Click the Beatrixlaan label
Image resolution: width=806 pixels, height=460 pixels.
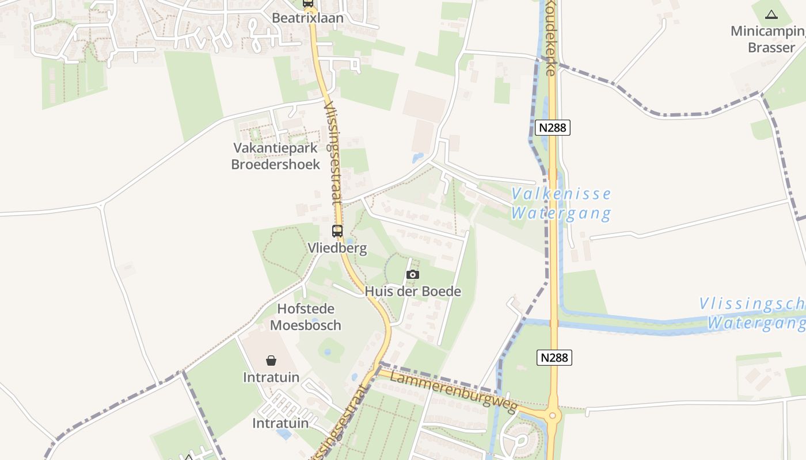[x=307, y=18]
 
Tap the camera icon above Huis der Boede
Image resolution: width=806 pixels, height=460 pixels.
[x=413, y=275]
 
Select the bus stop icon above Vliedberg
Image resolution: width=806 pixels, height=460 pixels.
[x=337, y=231]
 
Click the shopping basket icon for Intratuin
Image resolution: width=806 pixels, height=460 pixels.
[x=271, y=361]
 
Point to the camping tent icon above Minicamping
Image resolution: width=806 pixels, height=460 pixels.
[x=771, y=14]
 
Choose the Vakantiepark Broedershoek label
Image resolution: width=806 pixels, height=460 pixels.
[x=275, y=156]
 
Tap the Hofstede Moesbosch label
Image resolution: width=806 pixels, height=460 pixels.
[x=306, y=317]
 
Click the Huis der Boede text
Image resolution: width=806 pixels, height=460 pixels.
[x=413, y=292]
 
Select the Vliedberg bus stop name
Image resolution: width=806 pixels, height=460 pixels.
[x=337, y=248]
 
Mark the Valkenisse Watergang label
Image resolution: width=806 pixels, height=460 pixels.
[x=561, y=204]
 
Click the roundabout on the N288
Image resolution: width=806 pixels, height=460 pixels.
[x=553, y=415]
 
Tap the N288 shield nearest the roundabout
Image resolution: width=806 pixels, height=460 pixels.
[x=555, y=358]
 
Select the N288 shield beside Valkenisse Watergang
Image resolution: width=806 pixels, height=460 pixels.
[x=553, y=128]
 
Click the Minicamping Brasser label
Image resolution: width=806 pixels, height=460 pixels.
[x=767, y=39]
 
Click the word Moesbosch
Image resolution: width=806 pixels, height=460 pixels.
[x=306, y=325]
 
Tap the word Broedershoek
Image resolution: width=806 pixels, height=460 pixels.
[x=275, y=164]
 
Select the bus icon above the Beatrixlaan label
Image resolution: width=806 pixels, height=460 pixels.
[x=308, y=3]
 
